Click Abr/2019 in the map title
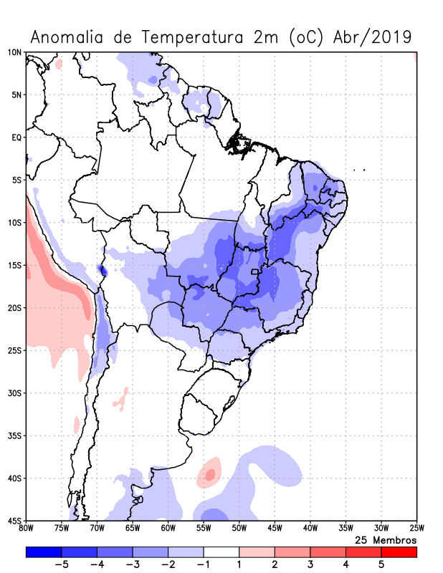coord(372,37)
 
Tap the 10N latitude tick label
coord(14,52)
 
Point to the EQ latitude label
coord(16,138)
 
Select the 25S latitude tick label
coord(14,350)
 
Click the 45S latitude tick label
coord(14,521)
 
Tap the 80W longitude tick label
coord(26,529)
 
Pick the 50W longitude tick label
coord(239,529)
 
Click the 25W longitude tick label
coord(416,529)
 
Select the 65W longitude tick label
coord(133,529)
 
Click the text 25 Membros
coord(386,539)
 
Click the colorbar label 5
coord(381,564)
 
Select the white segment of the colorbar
coord(221,552)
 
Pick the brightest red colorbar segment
coord(399,552)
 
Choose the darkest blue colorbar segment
coord(43,552)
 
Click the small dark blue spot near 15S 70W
coord(102,271)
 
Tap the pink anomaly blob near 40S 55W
coord(209,473)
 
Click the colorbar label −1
coord(203,564)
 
